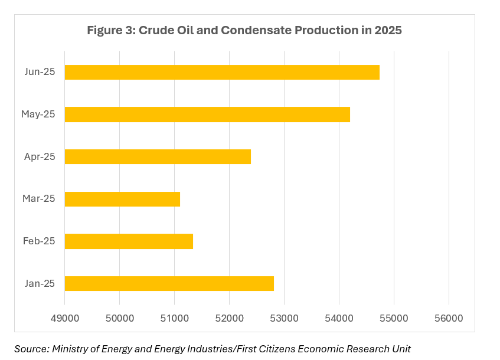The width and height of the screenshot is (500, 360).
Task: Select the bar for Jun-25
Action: click(x=222, y=72)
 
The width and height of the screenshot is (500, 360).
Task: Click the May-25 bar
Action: click(x=207, y=114)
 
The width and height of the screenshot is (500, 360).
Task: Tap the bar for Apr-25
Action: click(x=158, y=156)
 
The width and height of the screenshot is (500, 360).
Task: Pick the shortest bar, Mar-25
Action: click(x=122, y=199)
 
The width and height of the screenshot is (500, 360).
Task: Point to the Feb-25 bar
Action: click(x=129, y=241)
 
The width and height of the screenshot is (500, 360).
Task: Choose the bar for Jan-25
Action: click(x=169, y=283)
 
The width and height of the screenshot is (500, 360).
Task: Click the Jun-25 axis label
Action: click(x=40, y=72)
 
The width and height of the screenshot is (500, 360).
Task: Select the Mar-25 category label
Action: click(x=39, y=199)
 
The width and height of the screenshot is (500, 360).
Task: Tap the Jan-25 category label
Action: click(x=40, y=283)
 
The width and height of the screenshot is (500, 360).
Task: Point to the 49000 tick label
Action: click(x=64, y=318)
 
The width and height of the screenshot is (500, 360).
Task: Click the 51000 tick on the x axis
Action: click(x=174, y=318)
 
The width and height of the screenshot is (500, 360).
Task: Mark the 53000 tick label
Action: click(x=284, y=318)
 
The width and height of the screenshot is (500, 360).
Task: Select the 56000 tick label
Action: click(x=449, y=318)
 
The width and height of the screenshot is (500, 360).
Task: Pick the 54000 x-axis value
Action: click(x=339, y=318)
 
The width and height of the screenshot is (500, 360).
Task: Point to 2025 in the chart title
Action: click(x=387, y=31)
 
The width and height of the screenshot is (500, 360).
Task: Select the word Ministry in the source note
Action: click(x=70, y=349)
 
